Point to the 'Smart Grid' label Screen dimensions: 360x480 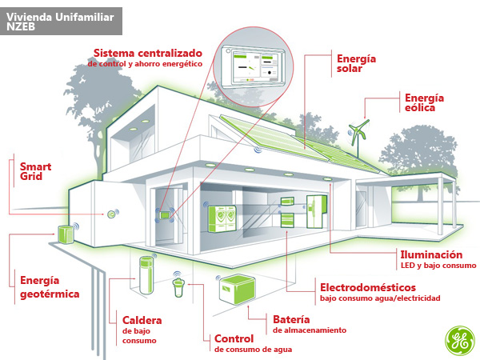pyautogui.click(x=35, y=173)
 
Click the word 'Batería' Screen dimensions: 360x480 pyautogui.click(x=292, y=318)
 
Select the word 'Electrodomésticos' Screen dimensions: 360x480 pyautogui.click(x=367, y=286)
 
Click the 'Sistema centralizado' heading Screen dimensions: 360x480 pyautogui.click(x=147, y=52)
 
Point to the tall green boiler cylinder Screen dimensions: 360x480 pyautogui.click(x=146, y=275)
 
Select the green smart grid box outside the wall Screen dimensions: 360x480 pyautogui.click(x=66, y=233)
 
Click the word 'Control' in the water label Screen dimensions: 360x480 pyautogui.click(x=234, y=339)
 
